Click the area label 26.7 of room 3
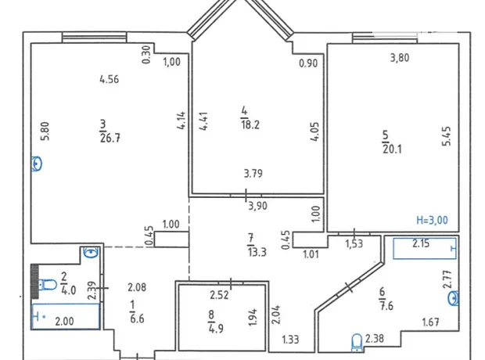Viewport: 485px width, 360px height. [110, 138]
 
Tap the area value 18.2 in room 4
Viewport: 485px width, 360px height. [250, 124]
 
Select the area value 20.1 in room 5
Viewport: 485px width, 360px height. [392, 149]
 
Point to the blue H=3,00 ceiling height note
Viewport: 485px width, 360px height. [432, 220]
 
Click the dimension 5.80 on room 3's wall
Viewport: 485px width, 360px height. [45, 131]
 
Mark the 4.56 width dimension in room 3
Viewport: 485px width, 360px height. [110, 79]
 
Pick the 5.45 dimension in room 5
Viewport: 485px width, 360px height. [447, 136]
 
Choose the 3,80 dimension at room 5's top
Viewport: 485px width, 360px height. [400, 58]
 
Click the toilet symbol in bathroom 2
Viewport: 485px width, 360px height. [47, 284]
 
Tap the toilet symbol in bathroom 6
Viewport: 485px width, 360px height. [357, 343]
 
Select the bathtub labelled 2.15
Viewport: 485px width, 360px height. [424, 248]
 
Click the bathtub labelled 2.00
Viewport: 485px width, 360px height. [65, 316]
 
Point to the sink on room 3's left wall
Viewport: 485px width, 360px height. [37, 164]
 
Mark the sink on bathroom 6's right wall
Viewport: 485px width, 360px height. [454, 298]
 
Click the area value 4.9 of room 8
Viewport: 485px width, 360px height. [216, 328]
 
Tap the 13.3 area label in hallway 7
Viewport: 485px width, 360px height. [257, 252]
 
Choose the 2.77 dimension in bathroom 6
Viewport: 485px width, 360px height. [447, 279]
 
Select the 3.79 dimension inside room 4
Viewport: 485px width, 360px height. [253, 173]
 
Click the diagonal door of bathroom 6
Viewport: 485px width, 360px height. [349, 287]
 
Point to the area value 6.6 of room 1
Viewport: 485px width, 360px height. [137, 319]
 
